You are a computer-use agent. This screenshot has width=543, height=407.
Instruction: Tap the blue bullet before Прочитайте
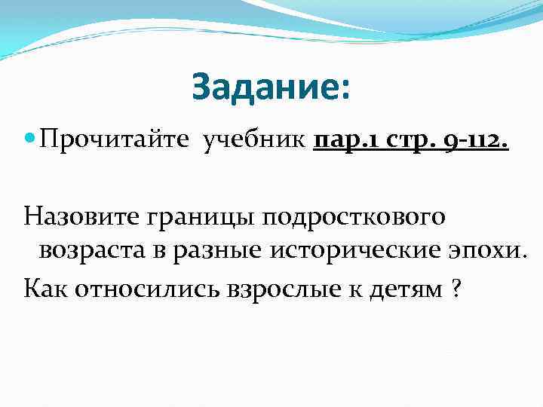(x=29, y=139)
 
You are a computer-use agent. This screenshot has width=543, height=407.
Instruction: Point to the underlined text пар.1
(x=343, y=139)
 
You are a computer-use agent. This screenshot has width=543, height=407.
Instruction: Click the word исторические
(x=355, y=251)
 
